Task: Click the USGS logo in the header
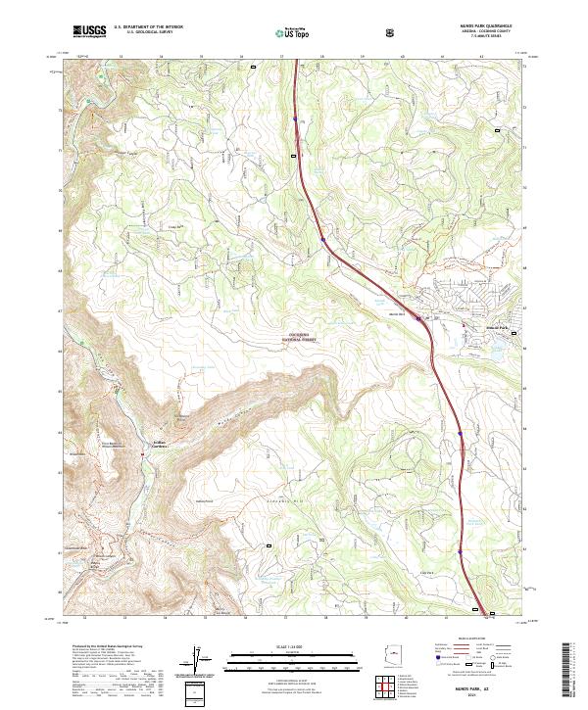tap(89, 32)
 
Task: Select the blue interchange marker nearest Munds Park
tap(418, 318)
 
